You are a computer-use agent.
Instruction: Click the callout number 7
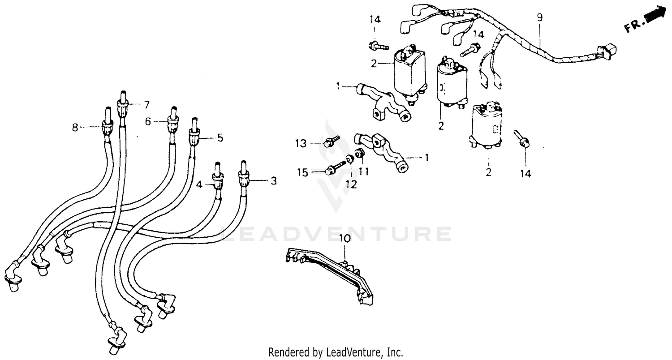pyautogui.click(x=146, y=105)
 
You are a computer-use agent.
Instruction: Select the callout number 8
pyautogui.click(x=75, y=128)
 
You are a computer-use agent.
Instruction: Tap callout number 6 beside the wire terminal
pyautogui.click(x=147, y=121)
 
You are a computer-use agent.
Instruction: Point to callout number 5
pyautogui.click(x=220, y=137)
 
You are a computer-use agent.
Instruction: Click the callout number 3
pyautogui.click(x=273, y=181)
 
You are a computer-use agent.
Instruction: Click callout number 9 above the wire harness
pyautogui.click(x=539, y=18)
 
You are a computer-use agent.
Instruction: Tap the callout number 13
pyautogui.click(x=300, y=143)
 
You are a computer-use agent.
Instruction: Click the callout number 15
pyautogui.click(x=303, y=172)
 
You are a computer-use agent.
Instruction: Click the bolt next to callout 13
pyautogui.click(x=331, y=141)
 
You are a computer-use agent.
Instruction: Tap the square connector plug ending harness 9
pyautogui.click(x=607, y=53)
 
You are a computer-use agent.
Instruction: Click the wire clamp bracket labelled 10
pyautogui.click(x=332, y=273)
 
